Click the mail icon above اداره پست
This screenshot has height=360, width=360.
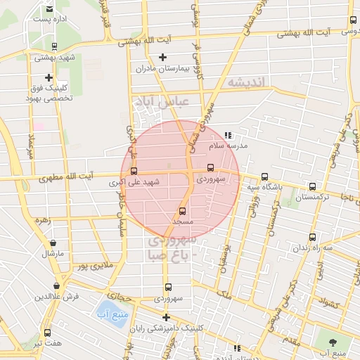[49, 8]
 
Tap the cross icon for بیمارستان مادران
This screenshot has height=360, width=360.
[163, 57]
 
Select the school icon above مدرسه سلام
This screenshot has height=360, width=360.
[227, 135]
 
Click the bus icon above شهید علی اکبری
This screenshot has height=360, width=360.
[134, 170]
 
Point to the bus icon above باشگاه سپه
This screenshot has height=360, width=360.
[264, 176]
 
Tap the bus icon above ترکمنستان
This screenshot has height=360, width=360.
[313, 186]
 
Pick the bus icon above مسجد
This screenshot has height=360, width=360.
[183, 210]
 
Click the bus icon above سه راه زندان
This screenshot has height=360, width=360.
[313, 237]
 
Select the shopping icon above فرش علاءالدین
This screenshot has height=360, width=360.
[56, 285]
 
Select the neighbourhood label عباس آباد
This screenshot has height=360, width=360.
[166, 103]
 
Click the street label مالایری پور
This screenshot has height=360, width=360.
[95, 267]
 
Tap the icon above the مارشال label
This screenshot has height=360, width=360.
[51, 240]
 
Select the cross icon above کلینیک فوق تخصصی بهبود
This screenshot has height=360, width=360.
[49, 77]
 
